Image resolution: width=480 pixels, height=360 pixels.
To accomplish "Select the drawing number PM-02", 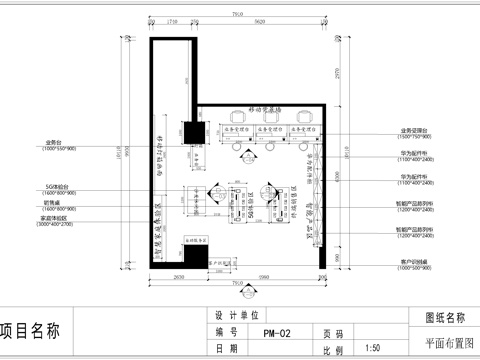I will tap(277, 332).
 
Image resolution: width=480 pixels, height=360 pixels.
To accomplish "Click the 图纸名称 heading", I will tap(445, 317).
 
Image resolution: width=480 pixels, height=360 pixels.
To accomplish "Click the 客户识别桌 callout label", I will tap(414, 262).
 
